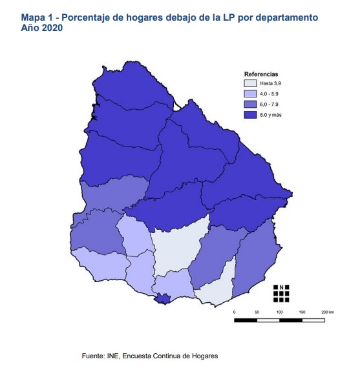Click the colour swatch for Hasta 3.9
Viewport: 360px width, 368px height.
pyautogui.click(x=250, y=83)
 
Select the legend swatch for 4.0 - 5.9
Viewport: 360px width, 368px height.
pyautogui.click(x=250, y=94)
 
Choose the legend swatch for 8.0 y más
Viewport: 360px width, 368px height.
pyautogui.click(x=250, y=114)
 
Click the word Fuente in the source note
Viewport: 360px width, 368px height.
pyautogui.click(x=94, y=356)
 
